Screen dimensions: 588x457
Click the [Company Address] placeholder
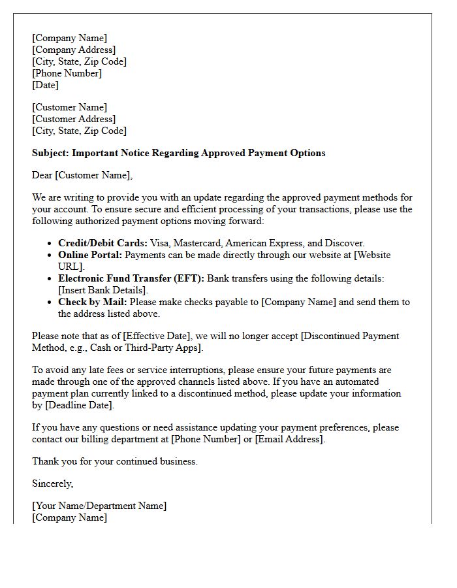pos(74,50)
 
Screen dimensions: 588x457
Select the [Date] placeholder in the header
pos(45,85)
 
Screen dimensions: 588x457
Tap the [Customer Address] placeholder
pos(74,119)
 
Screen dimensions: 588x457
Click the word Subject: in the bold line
pos(50,153)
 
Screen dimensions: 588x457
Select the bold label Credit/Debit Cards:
pos(102,243)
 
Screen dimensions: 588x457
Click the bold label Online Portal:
pos(90,255)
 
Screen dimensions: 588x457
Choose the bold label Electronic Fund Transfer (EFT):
pos(131,278)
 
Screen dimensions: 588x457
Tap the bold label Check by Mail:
pos(91,302)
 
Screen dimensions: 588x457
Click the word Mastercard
pos(198,243)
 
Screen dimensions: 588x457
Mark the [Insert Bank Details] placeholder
pos(103,290)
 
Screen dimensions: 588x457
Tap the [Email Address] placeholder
pos(289,439)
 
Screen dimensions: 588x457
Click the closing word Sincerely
pos(52,483)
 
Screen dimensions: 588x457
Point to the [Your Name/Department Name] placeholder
pos(99,506)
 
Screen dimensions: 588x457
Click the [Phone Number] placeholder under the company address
pos(67,73)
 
